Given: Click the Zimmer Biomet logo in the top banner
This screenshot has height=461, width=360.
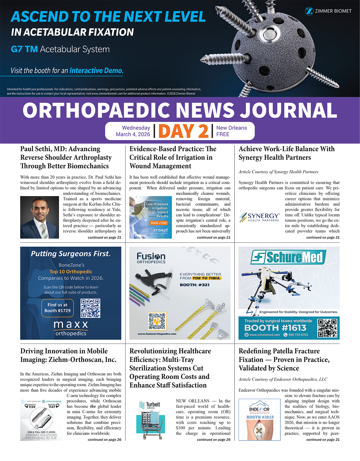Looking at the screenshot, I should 328,11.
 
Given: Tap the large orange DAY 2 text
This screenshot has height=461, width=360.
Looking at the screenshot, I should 183,131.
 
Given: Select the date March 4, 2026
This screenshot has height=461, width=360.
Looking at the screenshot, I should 133,134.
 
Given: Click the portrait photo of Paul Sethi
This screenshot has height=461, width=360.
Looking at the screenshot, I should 40,217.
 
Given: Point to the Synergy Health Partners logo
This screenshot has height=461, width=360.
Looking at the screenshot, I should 260,217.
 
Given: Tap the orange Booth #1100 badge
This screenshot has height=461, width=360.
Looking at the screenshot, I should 159,223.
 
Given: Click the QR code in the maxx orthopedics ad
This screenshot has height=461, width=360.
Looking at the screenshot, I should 90,308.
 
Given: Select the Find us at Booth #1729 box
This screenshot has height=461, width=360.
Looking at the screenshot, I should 58,308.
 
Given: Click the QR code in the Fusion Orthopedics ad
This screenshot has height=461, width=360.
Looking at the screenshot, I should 157,321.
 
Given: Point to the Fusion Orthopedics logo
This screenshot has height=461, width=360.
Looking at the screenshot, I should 151,258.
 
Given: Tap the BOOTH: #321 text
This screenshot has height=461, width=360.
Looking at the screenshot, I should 194,285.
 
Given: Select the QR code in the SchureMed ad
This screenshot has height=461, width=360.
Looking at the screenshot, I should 327,328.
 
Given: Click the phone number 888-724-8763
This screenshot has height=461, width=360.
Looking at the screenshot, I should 298,335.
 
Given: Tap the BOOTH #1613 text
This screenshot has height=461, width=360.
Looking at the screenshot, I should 275,328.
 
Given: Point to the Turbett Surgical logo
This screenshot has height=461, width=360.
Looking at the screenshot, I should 150,405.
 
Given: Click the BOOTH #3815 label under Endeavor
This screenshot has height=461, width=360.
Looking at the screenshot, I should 260,417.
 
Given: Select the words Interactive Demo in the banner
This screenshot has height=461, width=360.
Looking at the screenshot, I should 96,71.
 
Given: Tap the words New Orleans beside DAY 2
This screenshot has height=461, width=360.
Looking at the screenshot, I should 232,128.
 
